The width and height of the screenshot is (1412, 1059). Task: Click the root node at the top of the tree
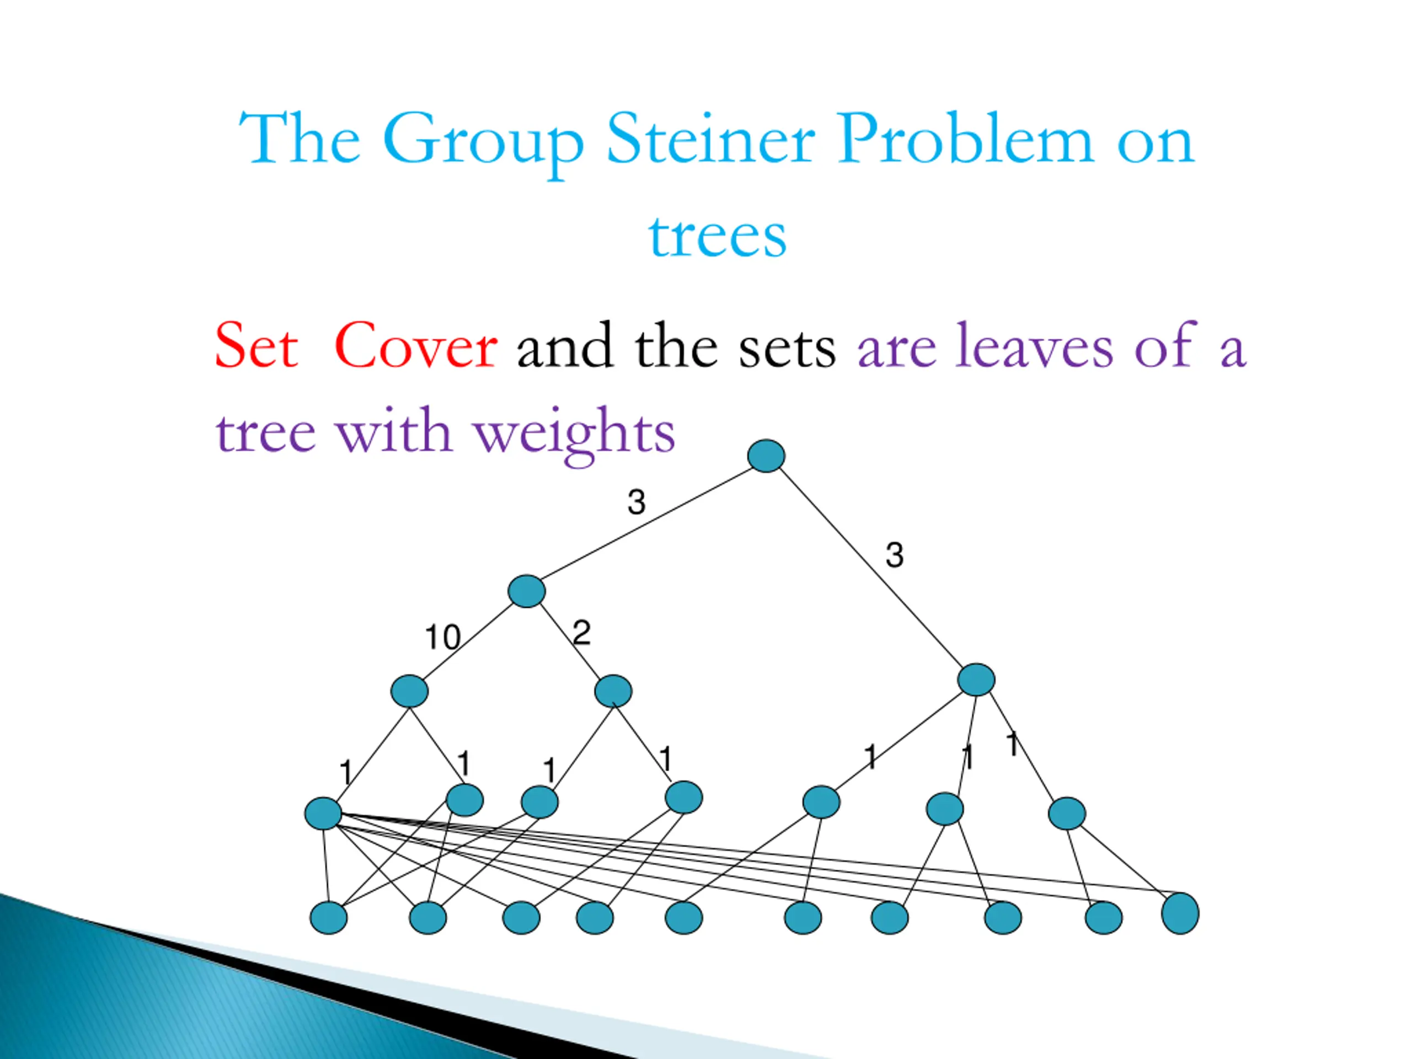point(766,456)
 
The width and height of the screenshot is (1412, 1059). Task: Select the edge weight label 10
point(442,637)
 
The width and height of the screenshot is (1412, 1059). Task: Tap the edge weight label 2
point(581,633)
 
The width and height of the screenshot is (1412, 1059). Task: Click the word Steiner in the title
point(710,139)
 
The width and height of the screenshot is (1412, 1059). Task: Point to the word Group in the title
point(483,142)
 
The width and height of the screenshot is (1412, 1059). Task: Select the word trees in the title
point(718,236)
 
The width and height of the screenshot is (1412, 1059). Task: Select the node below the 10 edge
point(409,691)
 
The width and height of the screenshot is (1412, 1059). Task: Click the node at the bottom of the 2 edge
point(613,691)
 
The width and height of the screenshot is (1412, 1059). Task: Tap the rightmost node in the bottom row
point(1180,913)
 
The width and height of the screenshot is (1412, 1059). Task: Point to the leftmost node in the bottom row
point(328,918)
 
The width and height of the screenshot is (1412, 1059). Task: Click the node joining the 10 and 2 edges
point(527,591)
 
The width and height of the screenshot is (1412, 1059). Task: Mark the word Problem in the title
point(965,139)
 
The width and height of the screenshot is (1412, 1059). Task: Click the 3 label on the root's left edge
point(636,502)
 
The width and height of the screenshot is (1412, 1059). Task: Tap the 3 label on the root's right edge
point(894,555)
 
